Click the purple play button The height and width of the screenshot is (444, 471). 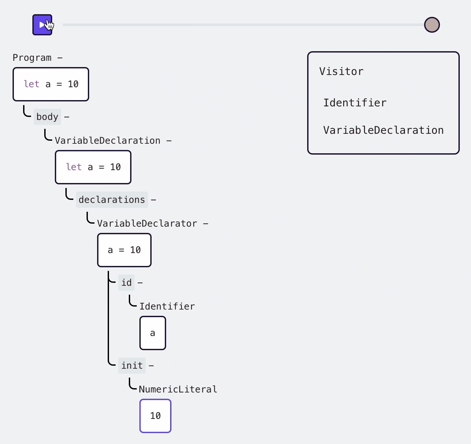click(42, 25)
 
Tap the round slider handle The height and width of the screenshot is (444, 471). click(432, 25)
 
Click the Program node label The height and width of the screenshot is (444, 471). click(32, 58)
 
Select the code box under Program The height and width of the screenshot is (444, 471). click(51, 84)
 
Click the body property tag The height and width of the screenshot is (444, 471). click(47, 117)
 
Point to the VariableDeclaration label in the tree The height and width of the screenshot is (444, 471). click(107, 141)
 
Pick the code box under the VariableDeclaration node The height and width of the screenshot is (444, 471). click(93, 167)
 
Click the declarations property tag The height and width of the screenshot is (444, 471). click(112, 200)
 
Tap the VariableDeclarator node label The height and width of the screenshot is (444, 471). click(147, 224)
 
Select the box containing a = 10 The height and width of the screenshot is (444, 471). click(124, 250)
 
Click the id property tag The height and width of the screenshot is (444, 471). click(126, 283)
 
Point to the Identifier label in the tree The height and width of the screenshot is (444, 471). click(167, 307)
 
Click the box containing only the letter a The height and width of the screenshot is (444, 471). click(153, 333)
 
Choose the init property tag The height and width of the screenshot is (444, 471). click(132, 366)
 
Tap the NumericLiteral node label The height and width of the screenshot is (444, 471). click(178, 389)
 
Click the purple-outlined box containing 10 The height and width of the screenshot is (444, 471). click(155, 416)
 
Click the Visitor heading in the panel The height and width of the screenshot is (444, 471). click(341, 72)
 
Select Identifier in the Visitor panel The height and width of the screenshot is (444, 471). click(355, 103)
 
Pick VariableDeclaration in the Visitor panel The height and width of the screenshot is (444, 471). click(383, 130)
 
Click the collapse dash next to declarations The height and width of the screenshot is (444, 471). click(153, 200)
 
